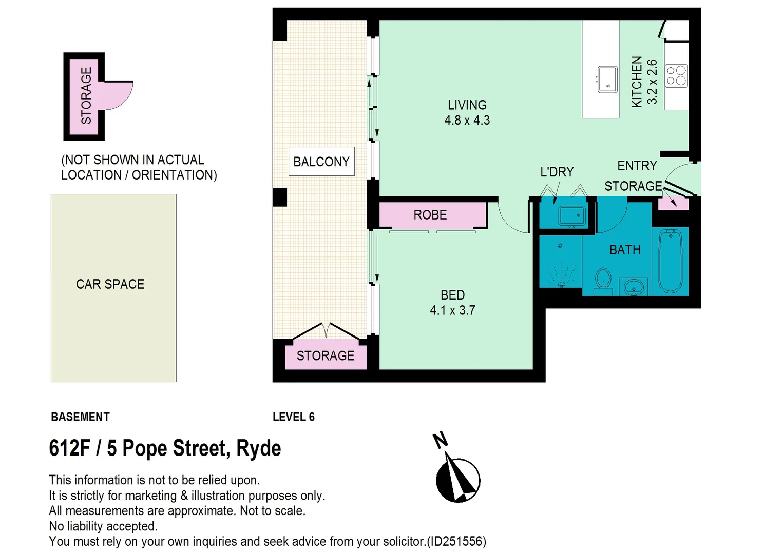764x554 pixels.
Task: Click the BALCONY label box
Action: click(x=321, y=162)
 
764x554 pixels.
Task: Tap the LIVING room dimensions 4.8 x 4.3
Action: click(x=467, y=121)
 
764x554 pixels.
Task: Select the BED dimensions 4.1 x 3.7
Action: click(x=452, y=310)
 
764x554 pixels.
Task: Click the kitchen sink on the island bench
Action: click(x=607, y=80)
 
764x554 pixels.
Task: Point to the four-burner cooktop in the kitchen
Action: click(x=676, y=76)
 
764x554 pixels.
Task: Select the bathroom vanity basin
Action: click(x=634, y=287)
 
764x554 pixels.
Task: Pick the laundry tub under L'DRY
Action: click(x=572, y=215)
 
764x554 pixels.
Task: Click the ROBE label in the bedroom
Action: click(x=430, y=215)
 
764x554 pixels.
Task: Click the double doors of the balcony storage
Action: click(x=326, y=331)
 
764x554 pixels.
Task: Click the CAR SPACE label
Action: click(x=110, y=284)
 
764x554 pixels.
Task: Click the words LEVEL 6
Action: click(x=293, y=417)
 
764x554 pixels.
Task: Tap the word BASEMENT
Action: click(x=80, y=417)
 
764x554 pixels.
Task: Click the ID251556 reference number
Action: click(x=456, y=541)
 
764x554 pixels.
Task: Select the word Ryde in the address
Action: click(x=258, y=448)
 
